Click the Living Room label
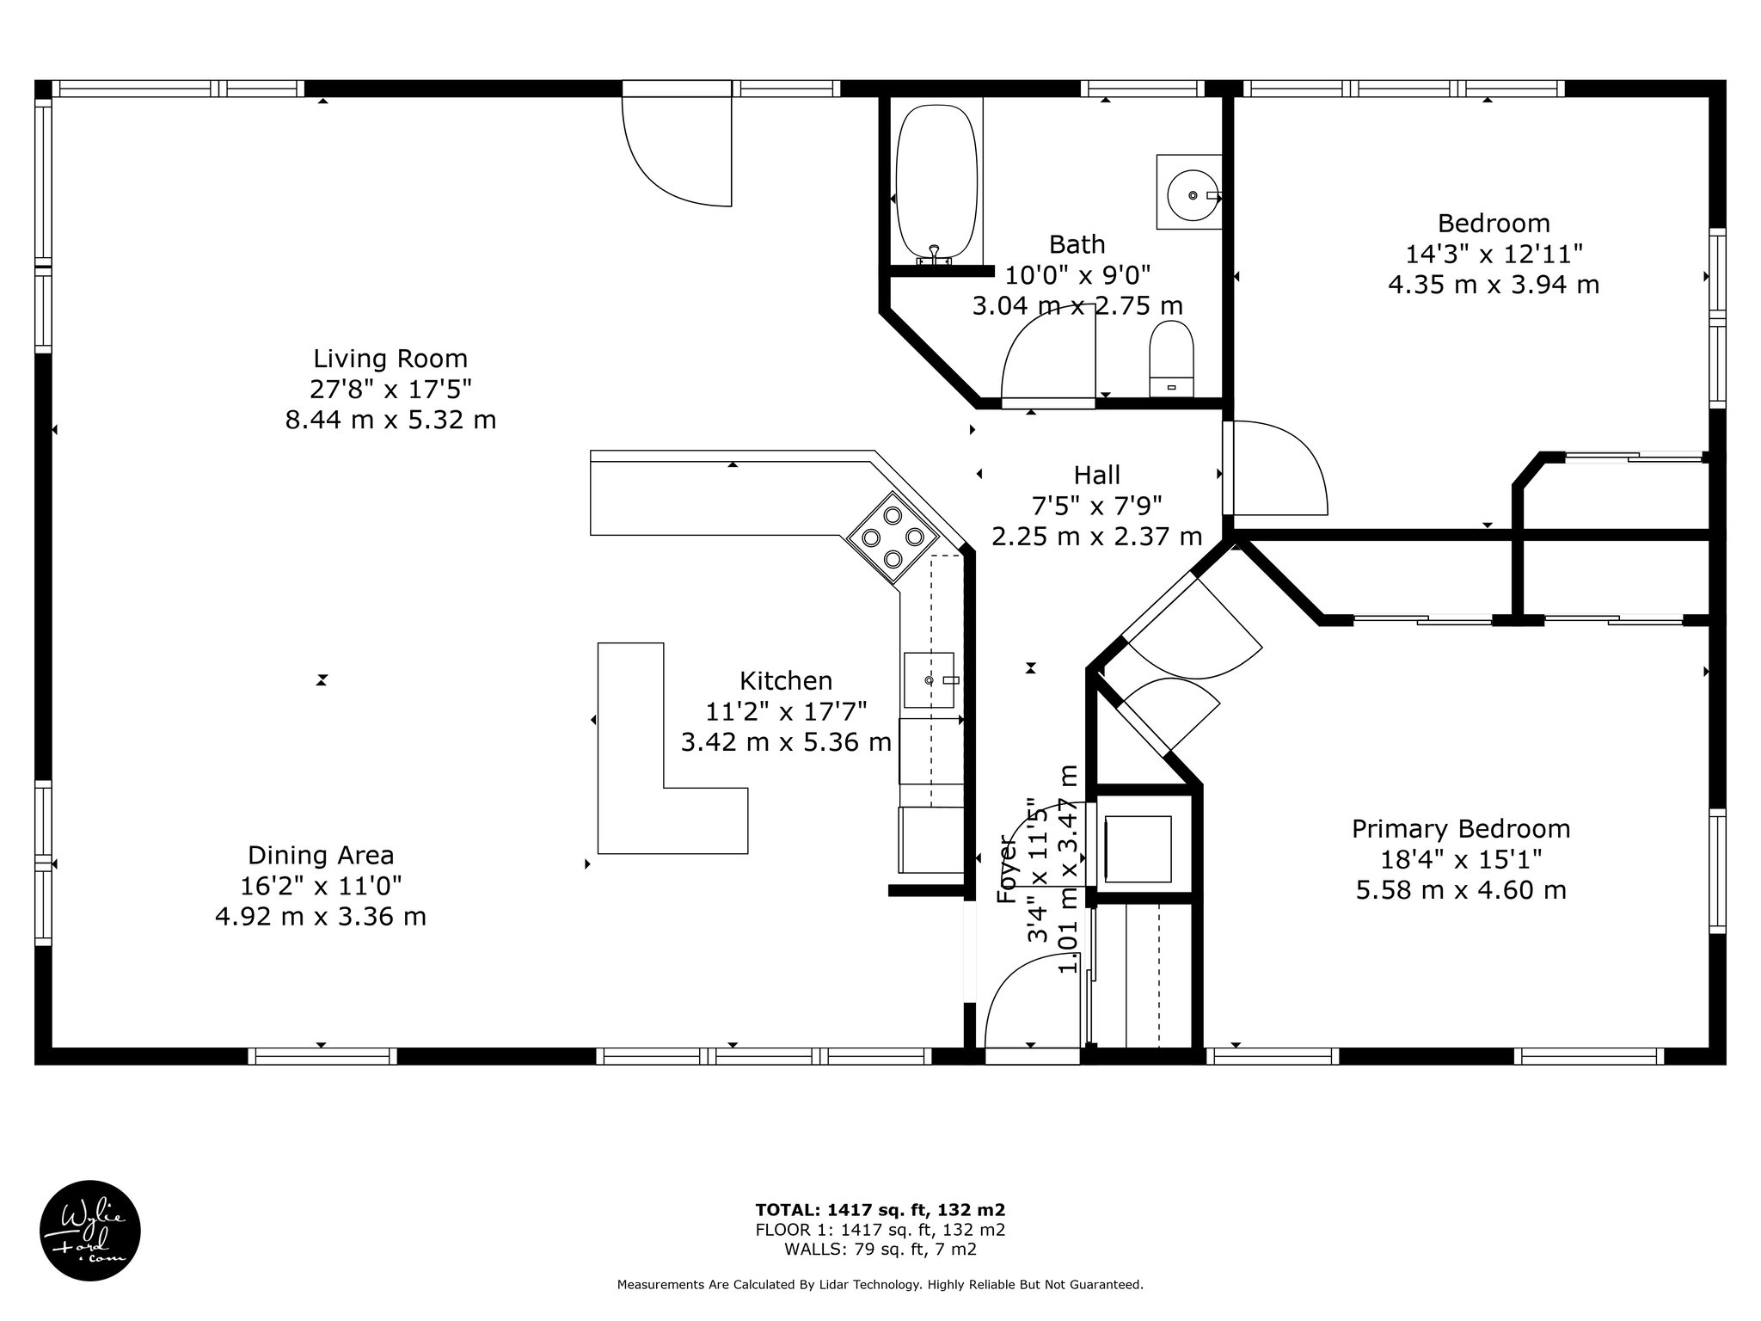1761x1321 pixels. pos(390,359)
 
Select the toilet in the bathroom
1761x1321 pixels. pos(1172,359)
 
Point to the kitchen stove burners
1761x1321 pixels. pos(893,537)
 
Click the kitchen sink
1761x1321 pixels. pos(930,679)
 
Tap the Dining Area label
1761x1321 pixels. pos(321,855)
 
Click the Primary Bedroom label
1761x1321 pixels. pos(1461,829)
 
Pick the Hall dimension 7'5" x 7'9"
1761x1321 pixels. pos(1096,506)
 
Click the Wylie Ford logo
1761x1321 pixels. pos(90,1231)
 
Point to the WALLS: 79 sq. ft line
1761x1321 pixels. pos(880,1250)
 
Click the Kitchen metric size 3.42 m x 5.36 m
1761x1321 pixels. pos(786,741)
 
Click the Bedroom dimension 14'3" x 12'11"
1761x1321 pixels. pos(1494,254)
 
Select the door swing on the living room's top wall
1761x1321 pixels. pos(677,151)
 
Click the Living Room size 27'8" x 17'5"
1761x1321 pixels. pos(390,390)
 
